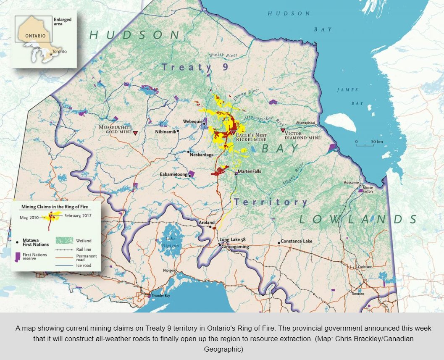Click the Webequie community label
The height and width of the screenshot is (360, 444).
coord(192,121)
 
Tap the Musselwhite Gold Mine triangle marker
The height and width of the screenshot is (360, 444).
coord(136,133)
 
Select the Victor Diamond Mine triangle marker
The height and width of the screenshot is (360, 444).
coord(283,131)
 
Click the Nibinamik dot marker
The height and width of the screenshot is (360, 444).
coord(178,131)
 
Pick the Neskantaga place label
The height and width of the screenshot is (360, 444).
coord(202,155)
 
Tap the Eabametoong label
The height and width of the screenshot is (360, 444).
coord(173,174)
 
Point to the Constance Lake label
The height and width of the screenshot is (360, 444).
coord(297,242)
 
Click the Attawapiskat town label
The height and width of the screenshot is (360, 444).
coord(305,122)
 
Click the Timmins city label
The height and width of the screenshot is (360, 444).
coord(358,294)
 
